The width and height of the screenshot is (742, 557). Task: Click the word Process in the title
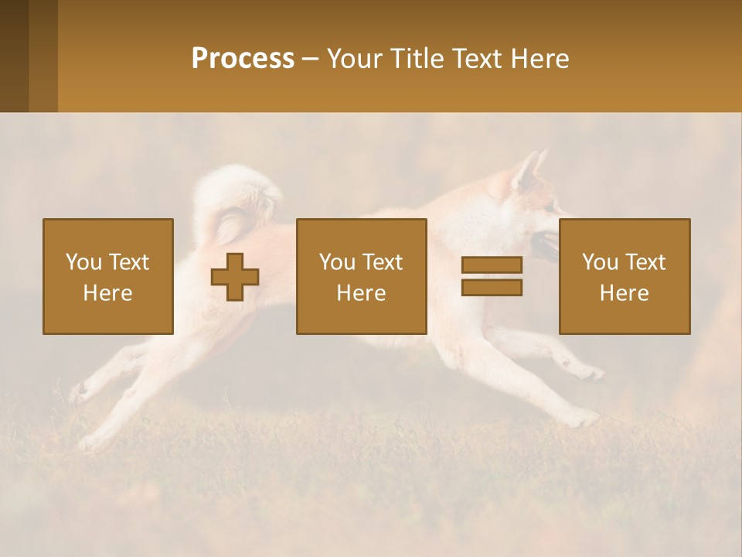click(x=243, y=59)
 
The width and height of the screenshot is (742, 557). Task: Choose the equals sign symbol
click(x=492, y=276)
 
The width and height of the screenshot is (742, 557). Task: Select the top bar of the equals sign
click(x=492, y=265)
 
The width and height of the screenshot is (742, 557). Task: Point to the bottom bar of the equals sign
click(x=492, y=287)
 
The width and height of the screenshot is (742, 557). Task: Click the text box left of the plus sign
click(x=107, y=276)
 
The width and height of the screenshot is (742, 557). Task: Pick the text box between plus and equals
click(x=361, y=276)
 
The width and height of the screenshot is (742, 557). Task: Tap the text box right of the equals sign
click(x=624, y=276)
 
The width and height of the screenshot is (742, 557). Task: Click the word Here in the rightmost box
click(x=624, y=293)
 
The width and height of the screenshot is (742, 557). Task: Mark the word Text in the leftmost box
click(x=129, y=262)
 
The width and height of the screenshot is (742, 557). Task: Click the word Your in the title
click(x=356, y=59)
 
